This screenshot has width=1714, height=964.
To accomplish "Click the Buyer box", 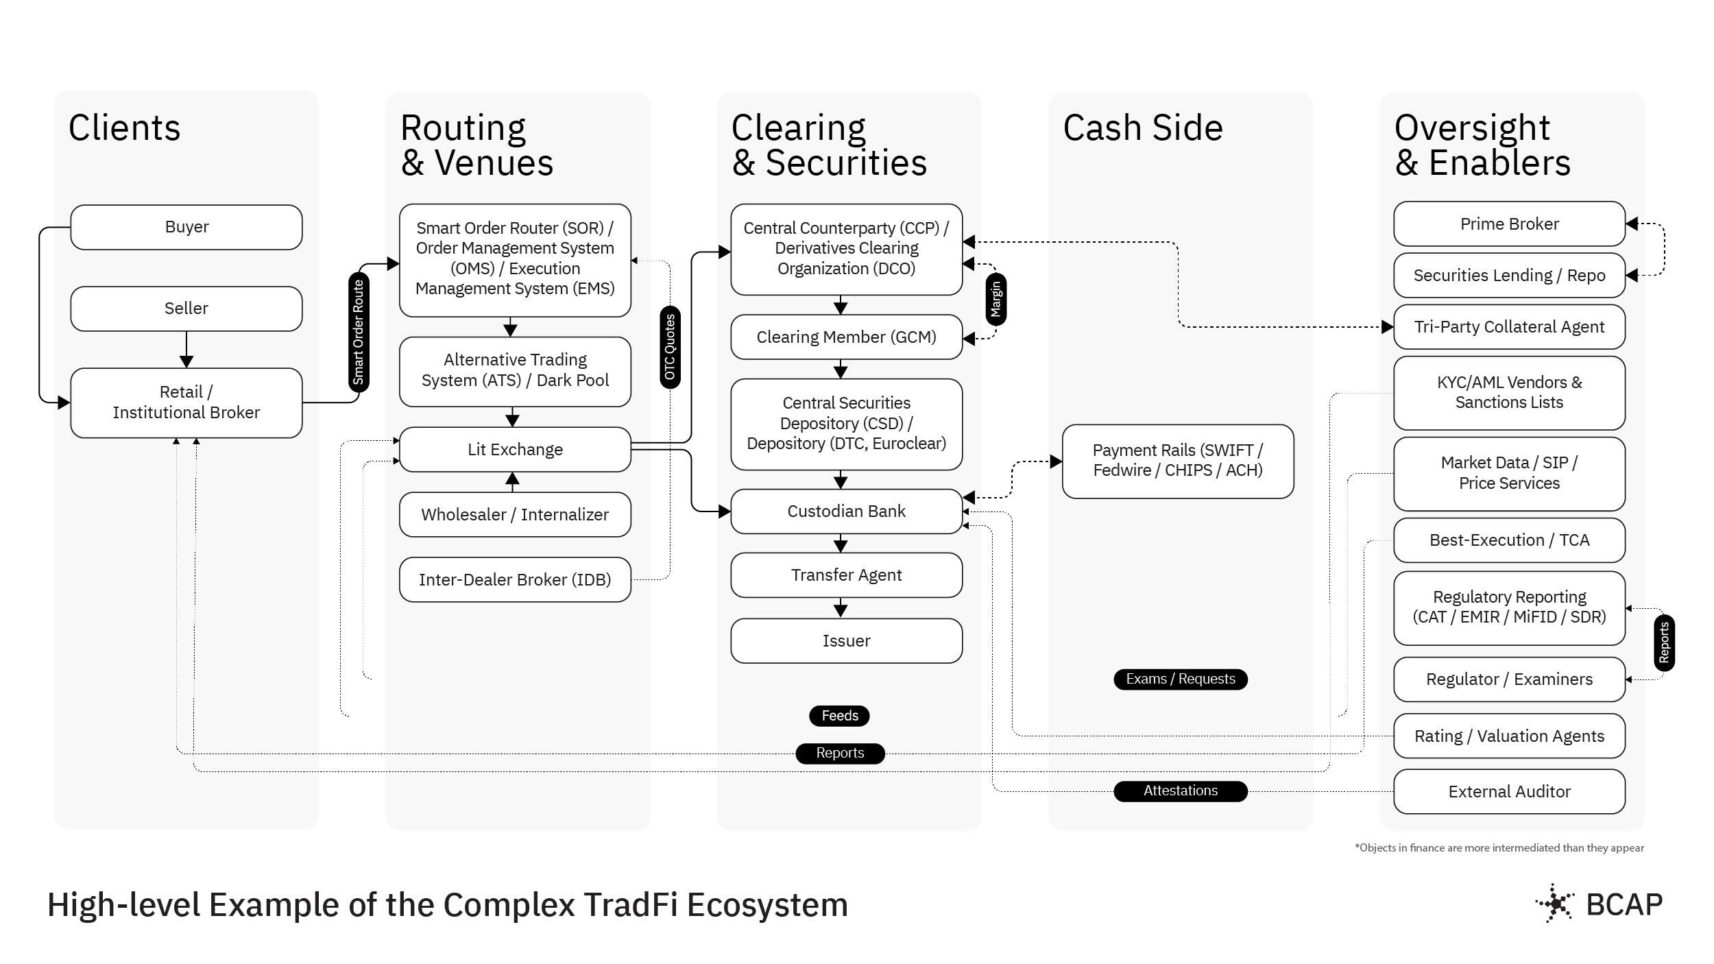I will coord(186,227).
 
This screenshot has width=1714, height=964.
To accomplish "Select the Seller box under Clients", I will coord(186,309).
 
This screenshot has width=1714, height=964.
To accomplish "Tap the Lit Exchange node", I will coord(515,449).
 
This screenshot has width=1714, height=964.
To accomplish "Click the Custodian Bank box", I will coord(846,511).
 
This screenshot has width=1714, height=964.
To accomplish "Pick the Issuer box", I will coord(846,640).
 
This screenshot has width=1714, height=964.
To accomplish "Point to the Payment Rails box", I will coord(1177,460).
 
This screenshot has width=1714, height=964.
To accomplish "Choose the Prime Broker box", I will coord(1509,224).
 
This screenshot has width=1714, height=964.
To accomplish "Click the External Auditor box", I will coord(1509,791).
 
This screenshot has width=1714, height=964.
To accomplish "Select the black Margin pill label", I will coord(996,299).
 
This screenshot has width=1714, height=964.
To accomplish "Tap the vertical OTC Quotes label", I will coord(670,347).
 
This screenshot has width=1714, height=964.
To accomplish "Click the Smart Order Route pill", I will coord(359,333).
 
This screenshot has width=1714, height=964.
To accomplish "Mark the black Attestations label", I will coord(1180,791).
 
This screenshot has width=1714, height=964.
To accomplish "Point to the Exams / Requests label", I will coord(1180,679).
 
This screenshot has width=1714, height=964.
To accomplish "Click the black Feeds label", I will coord(839,716).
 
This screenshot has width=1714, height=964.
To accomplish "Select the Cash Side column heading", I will coord(1143,128).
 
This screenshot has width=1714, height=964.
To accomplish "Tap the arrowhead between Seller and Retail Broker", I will coord(186,361).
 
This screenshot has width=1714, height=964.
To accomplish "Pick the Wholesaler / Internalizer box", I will coord(515,514).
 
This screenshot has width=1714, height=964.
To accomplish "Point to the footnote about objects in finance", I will coord(1499,848).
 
